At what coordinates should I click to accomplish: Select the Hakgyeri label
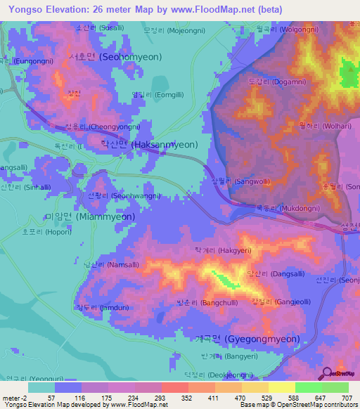pos(223,249)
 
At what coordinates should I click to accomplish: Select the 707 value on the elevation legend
pos(347,398)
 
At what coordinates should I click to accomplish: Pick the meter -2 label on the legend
pos(14,398)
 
